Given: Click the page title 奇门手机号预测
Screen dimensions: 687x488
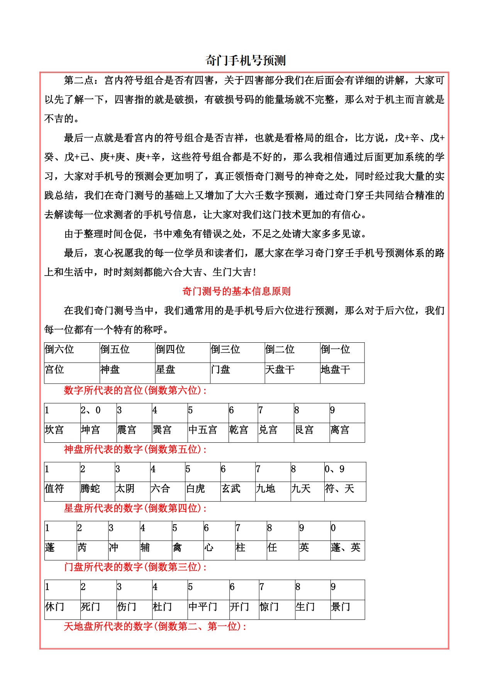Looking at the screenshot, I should coord(245,61).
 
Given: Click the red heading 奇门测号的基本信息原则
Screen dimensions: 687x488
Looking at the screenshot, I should coord(236,291).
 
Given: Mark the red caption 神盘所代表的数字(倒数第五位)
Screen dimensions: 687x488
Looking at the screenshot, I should coord(135,450).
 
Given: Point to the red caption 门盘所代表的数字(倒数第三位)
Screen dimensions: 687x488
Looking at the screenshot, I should coord(135,567).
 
